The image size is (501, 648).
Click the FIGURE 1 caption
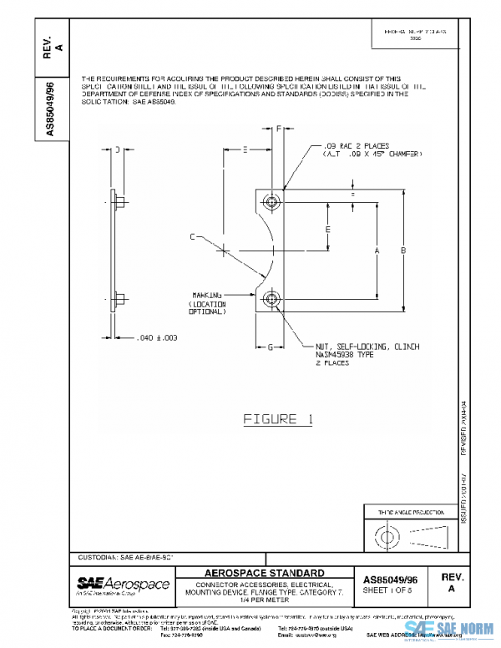[x=278, y=419]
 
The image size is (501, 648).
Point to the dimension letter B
[x=402, y=250]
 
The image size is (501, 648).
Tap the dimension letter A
[x=377, y=250]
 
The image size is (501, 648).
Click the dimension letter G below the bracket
[x=271, y=346]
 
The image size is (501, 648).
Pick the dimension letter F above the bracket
[x=278, y=129]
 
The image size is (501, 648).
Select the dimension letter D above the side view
[x=118, y=149]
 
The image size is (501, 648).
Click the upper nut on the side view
[x=118, y=201]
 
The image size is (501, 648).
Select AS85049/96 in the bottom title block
[x=391, y=576]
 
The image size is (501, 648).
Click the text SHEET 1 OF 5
[x=391, y=589]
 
